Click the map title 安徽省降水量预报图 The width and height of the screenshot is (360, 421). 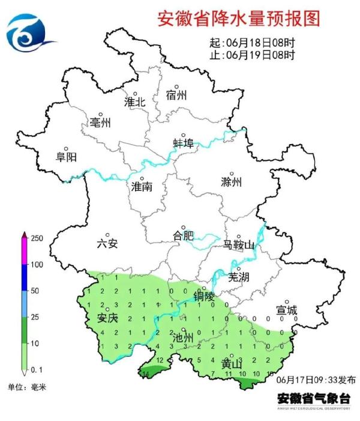[x=238, y=19]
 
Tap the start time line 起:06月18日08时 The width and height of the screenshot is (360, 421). [x=252, y=44]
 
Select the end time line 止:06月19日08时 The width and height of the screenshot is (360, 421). [x=252, y=56]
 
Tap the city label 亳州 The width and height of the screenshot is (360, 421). [x=100, y=123]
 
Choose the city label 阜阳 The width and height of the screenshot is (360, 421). [x=66, y=157]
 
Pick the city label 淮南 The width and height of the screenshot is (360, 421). [x=142, y=187]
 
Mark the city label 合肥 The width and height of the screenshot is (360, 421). [x=183, y=235]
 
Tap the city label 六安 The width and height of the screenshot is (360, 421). [x=107, y=243]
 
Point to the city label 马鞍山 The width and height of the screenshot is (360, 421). [x=238, y=246]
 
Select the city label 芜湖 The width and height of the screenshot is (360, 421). [x=239, y=277]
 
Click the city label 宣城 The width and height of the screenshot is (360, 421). [x=287, y=310]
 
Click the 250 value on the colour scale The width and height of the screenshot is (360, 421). [x=37, y=238]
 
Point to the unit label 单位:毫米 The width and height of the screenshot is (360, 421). [x=27, y=387]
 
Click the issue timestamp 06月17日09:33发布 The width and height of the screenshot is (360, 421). [x=316, y=380]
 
